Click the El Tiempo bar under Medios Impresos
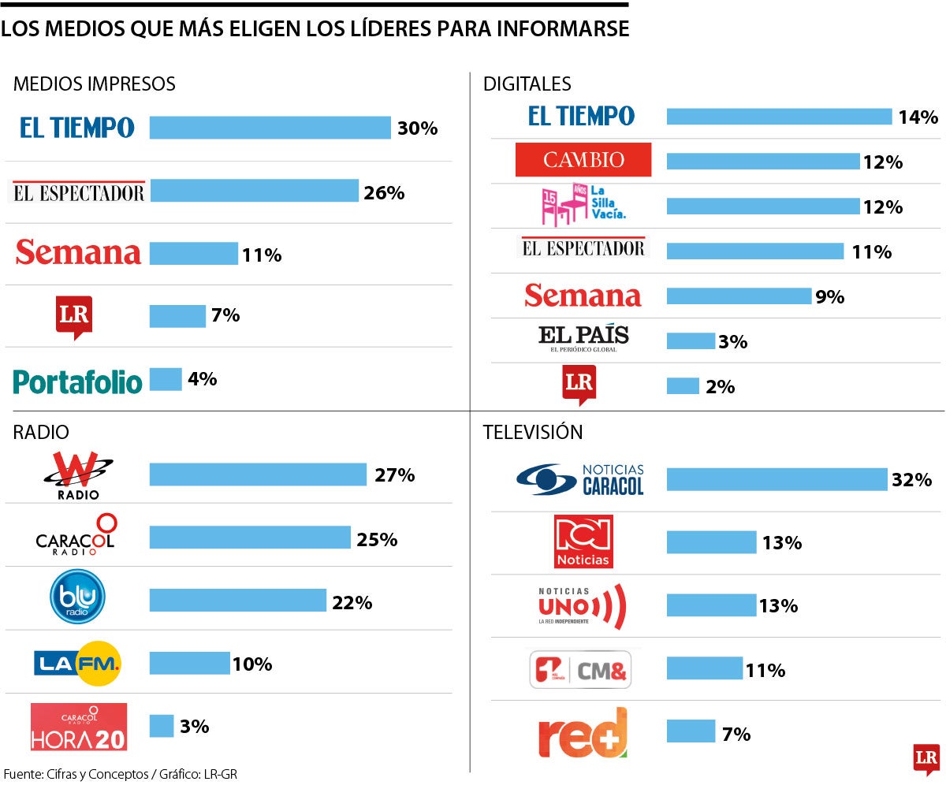pyautogui.click(x=270, y=128)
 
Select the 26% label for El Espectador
pyautogui.click(x=384, y=192)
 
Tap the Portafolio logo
pyautogui.click(x=77, y=381)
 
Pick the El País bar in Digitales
pyautogui.click(x=691, y=340)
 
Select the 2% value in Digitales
pyautogui.click(x=721, y=387)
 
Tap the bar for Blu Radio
pyautogui.click(x=237, y=601)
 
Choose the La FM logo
pyautogui.click(x=77, y=664)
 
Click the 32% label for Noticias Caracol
pyautogui.click(x=912, y=480)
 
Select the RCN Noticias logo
pyautogui.click(x=583, y=541)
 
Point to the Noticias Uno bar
pyautogui.click(x=711, y=605)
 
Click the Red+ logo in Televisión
pyautogui.click(x=583, y=733)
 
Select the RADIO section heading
pyautogui.click(x=41, y=432)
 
